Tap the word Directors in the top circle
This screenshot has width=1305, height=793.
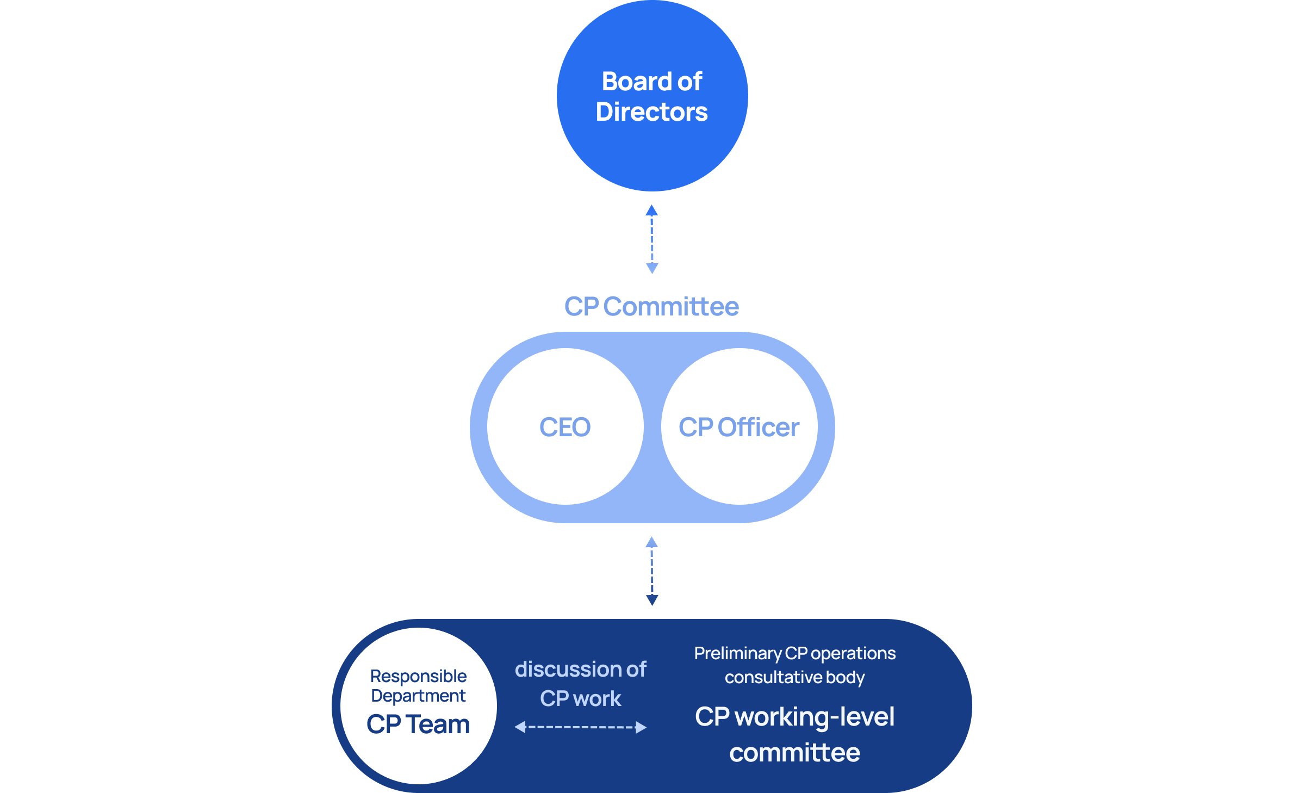(652, 112)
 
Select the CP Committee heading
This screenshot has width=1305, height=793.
(651, 306)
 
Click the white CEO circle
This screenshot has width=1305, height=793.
(565, 462)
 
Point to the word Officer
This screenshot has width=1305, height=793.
(759, 427)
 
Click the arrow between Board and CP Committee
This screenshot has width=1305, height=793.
(652, 239)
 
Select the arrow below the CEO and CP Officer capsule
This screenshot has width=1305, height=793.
(652, 571)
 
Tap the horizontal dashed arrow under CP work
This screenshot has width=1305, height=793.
(581, 727)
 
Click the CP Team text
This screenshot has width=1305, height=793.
(418, 724)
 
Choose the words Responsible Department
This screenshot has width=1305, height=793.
(418, 686)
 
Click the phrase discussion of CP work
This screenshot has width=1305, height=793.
(581, 684)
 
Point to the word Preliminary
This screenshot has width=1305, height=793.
(738, 653)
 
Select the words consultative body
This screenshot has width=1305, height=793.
(794, 677)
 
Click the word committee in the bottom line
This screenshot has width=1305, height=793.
(794, 753)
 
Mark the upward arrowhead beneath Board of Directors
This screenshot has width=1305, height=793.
(652, 210)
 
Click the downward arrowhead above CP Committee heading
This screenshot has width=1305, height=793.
(652, 268)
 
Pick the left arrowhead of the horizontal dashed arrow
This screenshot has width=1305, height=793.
(520, 727)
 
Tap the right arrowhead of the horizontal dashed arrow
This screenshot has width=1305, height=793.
(641, 727)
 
